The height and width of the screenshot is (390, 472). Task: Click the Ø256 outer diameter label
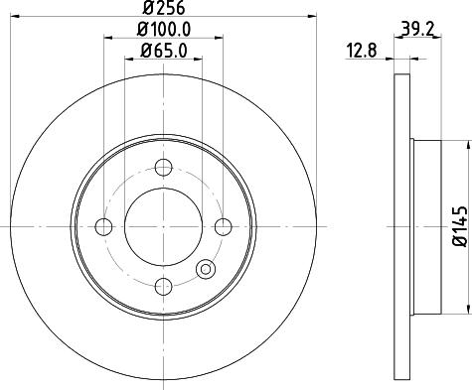(x=164, y=11)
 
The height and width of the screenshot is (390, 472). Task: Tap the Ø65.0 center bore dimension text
(x=164, y=52)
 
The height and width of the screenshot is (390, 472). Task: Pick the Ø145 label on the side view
(x=458, y=224)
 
